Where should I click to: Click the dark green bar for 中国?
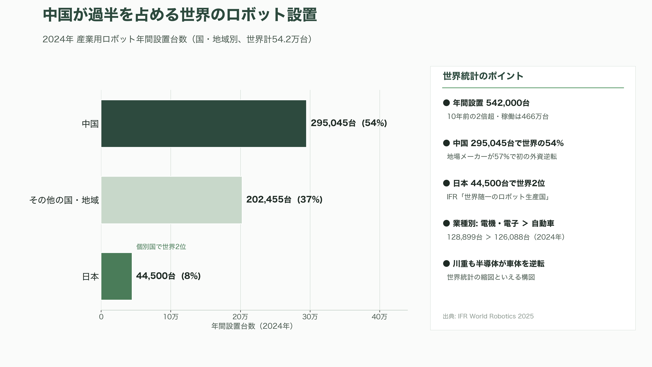tap(204, 124)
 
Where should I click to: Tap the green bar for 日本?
tap(116, 276)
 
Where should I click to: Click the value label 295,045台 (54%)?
tap(349, 123)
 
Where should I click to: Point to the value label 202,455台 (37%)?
tap(284, 200)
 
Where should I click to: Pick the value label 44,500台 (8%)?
tap(168, 276)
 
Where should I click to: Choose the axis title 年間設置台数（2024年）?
tap(252, 326)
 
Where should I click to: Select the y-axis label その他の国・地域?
tap(64, 200)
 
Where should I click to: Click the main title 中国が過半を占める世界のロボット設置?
tap(180, 15)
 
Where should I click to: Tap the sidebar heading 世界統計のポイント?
tap(483, 76)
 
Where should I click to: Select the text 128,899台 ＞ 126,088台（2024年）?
tap(506, 237)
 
